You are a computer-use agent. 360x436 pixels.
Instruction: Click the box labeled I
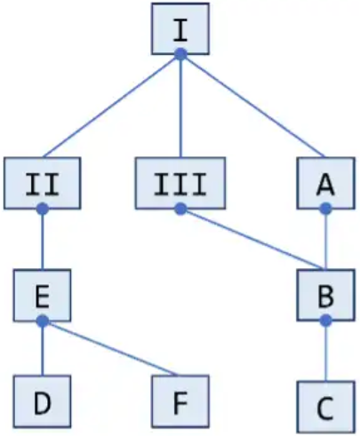(x=180, y=28)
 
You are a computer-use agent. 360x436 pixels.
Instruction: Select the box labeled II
(x=43, y=183)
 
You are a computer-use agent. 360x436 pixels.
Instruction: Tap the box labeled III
(x=180, y=183)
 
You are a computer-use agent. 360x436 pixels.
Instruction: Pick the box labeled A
(x=326, y=183)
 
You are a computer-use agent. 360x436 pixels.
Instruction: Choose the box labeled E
(x=42, y=295)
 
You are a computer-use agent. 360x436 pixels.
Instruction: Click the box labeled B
(x=326, y=295)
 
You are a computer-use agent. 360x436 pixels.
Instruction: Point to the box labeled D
(x=42, y=401)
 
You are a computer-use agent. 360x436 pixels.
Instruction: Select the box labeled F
(x=180, y=401)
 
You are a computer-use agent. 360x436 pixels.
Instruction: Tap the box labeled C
(x=326, y=408)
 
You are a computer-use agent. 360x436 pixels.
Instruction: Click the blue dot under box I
(x=180, y=54)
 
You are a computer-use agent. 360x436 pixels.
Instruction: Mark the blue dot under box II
(x=43, y=209)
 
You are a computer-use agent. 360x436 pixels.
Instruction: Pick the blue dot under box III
(x=180, y=209)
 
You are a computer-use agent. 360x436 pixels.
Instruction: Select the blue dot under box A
(x=326, y=209)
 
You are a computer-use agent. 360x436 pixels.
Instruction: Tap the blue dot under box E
(x=43, y=321)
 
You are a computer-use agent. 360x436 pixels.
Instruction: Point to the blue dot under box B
(x=326, y=321)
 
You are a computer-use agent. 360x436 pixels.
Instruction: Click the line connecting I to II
(x=112, y=106)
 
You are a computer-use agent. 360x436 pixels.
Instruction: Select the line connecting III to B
(x=252, y=239)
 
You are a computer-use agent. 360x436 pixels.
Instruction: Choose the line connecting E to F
(x=110, y=348)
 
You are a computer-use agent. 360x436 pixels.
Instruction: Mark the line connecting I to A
(x=252, y=106)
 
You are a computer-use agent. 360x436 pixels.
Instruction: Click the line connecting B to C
(x=326, y=351)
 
